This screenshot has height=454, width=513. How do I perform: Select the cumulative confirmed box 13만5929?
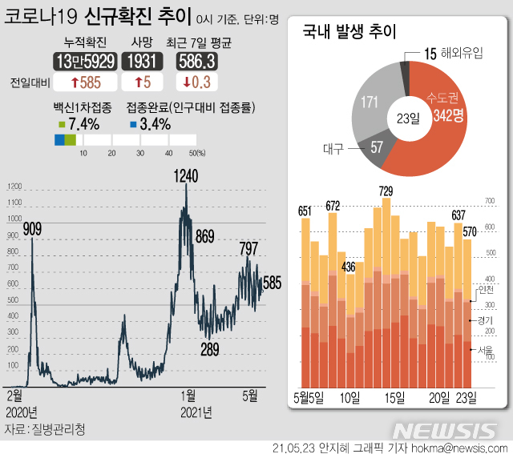(x=85, y=61)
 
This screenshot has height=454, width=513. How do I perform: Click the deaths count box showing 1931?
(x=143, y=61)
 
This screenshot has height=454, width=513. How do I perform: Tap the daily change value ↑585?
(x=85, y=82)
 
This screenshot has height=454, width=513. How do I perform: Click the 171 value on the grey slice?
(x=370, y=103)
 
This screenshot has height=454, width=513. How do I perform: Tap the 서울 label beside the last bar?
(x=483, y=349)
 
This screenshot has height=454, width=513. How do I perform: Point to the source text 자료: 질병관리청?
(x=44, y=429)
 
